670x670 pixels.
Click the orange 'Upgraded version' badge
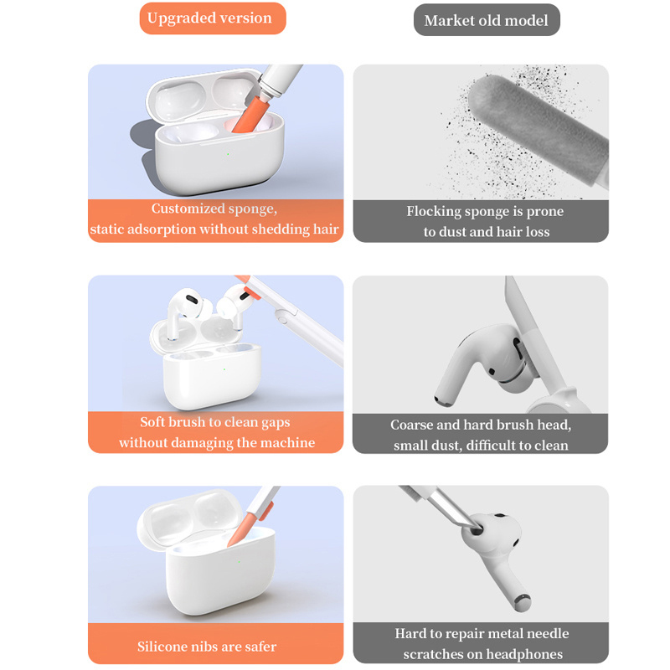tap(213, 18)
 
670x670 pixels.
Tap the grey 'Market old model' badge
tap(487, 20)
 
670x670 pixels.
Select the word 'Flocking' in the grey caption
tap(433, 211)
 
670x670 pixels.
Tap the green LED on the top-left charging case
tap(228, 154)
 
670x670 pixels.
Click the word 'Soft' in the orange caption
tap(153, 422)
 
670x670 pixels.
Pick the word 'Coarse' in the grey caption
tap(411, 425)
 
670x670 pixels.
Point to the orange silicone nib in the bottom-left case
tap(242, 530)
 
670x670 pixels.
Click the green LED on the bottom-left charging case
tap(239, 561)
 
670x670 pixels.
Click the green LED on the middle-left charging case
tap(224, 369)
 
